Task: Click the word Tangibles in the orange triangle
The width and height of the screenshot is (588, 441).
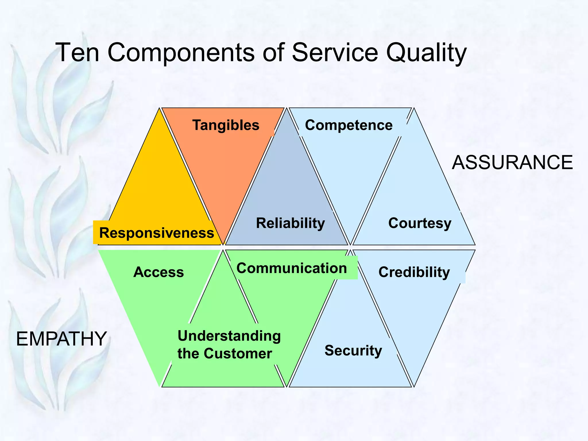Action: [226, 125]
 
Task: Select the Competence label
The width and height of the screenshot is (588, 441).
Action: [349, 125]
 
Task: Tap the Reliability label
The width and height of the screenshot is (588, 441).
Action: [290, 223]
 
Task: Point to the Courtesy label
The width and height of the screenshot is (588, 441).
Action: [419, 223]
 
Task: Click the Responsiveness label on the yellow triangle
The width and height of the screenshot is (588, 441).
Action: [156, 233]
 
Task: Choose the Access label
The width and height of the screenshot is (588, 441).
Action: [158, 272]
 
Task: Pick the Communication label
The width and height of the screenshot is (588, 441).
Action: [291, 268]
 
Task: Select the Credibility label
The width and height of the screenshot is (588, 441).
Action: [414, 272]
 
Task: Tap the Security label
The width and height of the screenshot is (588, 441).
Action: [353, 351]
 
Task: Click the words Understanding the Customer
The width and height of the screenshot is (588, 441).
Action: [229, 345]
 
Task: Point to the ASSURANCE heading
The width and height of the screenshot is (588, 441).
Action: [512, 163]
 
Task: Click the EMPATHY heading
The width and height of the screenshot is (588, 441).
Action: [61, 339]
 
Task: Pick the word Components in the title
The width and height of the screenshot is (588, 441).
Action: [181, 53]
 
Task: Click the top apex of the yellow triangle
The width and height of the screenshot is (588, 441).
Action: [159, 109]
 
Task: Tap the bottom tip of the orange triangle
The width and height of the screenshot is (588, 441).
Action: [223, 244]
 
